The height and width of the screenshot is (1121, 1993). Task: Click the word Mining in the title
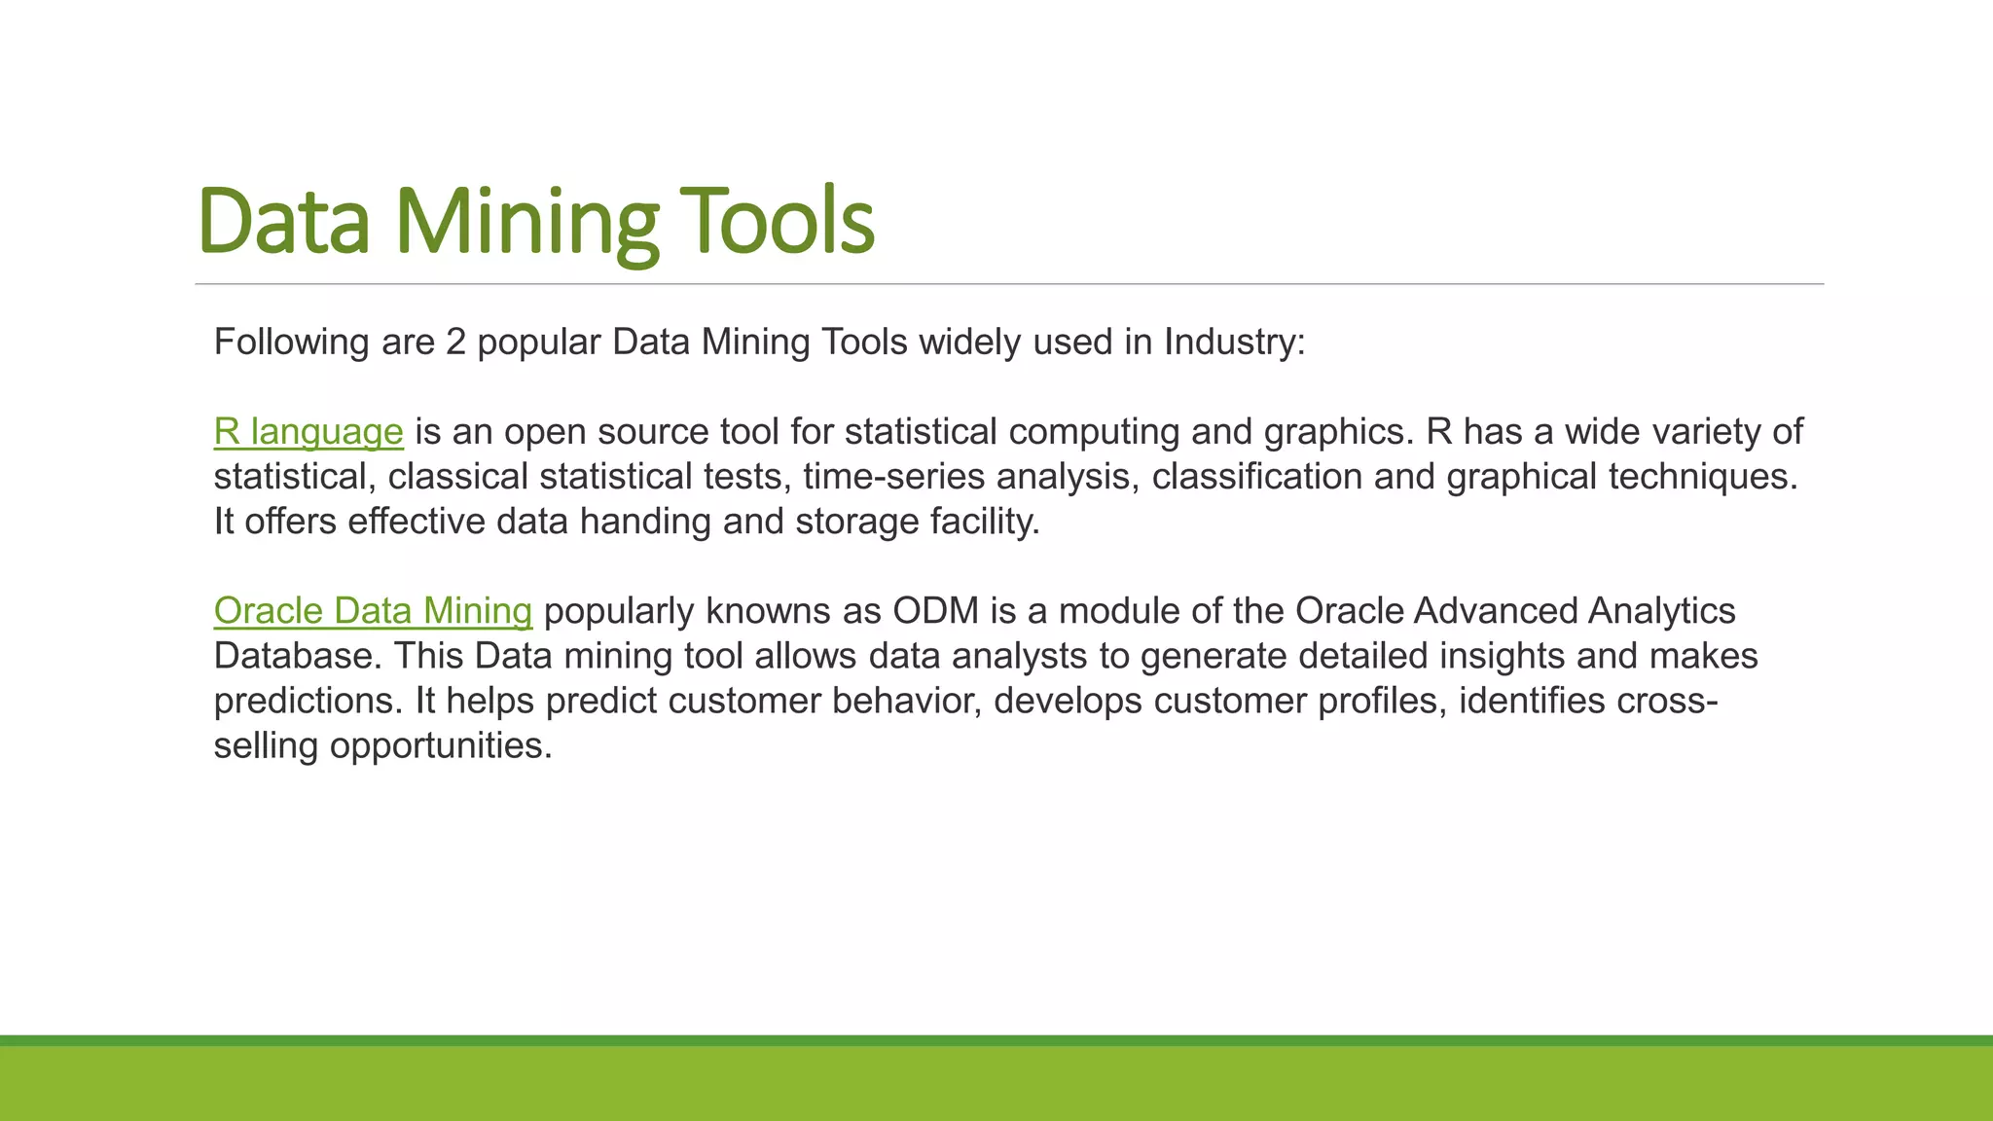point(526,222)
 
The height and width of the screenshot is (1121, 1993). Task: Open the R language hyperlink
point(308,431)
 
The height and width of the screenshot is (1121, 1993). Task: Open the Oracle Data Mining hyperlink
point(373,610)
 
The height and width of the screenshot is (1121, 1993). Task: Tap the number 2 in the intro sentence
point(455,342)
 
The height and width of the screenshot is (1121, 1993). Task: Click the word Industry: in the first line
point(1234,342)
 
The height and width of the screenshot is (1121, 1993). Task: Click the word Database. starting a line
point(298,655)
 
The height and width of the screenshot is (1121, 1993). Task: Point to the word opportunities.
point(440,744)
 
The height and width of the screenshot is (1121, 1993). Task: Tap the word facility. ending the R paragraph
point(985,521)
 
